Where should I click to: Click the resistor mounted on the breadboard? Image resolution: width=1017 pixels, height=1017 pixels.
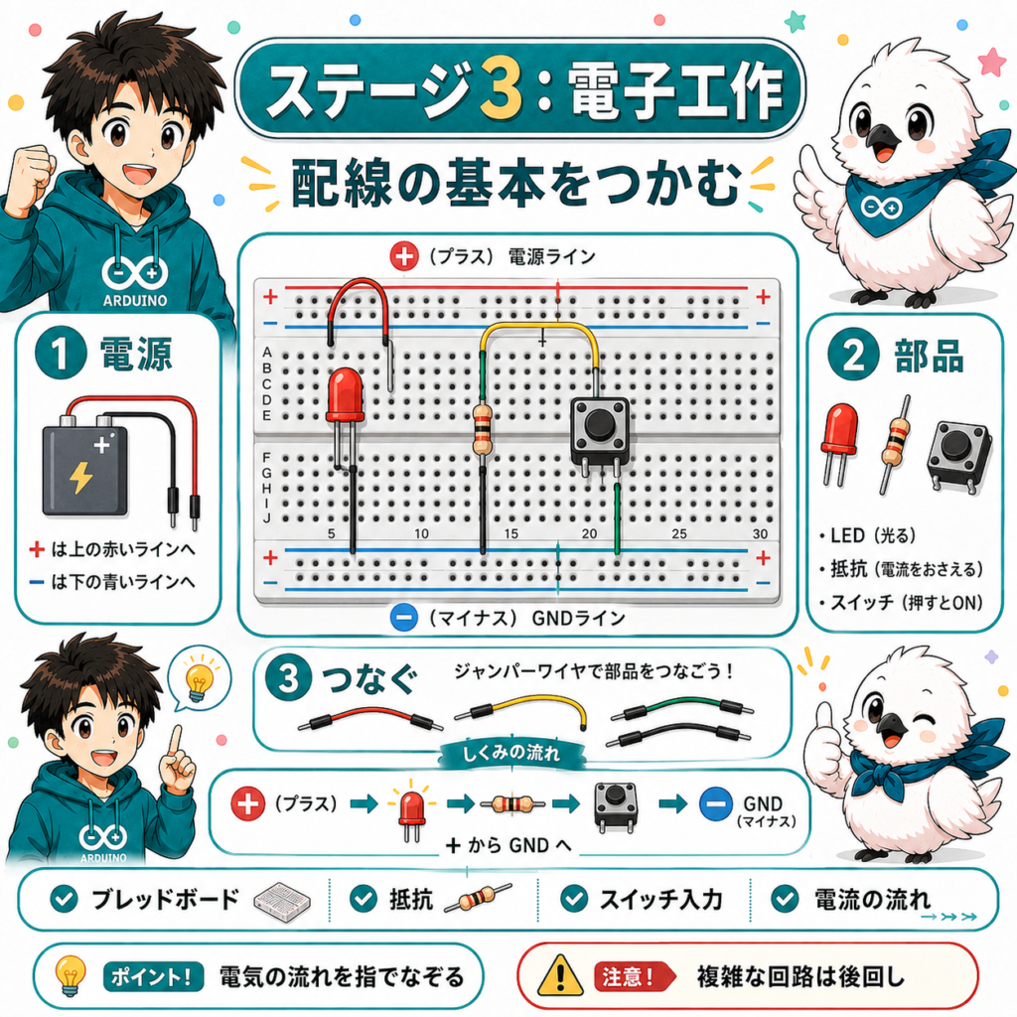click(x=482, y=429)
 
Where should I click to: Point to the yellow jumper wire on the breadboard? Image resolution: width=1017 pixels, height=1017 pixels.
click(x=538, y=326)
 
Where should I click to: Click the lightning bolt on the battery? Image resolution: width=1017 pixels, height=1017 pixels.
click(x=81, y=478)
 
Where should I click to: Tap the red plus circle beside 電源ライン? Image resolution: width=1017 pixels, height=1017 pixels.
click(x=403, y=256)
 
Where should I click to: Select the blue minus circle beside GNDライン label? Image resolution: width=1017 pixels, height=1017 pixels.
click(x=403, y=617)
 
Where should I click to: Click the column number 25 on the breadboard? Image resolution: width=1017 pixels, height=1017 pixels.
click(x=679, y=533)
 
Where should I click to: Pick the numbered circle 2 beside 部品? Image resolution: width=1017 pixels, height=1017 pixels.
click(x=853, y=355)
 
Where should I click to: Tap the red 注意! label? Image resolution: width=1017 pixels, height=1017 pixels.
click(x=633, y=976)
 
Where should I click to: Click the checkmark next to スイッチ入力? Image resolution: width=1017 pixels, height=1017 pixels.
click(x=574, y=899)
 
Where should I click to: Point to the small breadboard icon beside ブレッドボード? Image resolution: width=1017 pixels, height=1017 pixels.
click(x=281, y=901)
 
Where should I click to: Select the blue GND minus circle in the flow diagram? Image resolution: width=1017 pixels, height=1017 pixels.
click(x=716, y=804)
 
